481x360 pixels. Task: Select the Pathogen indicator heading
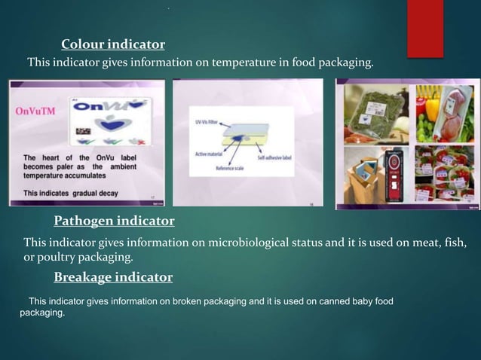click(x=114, y=221)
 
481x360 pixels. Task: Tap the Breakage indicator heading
click(x=113, y=278)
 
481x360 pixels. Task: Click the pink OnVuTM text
click(x=35, y=111)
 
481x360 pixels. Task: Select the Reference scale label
click(x=240, y=170)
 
